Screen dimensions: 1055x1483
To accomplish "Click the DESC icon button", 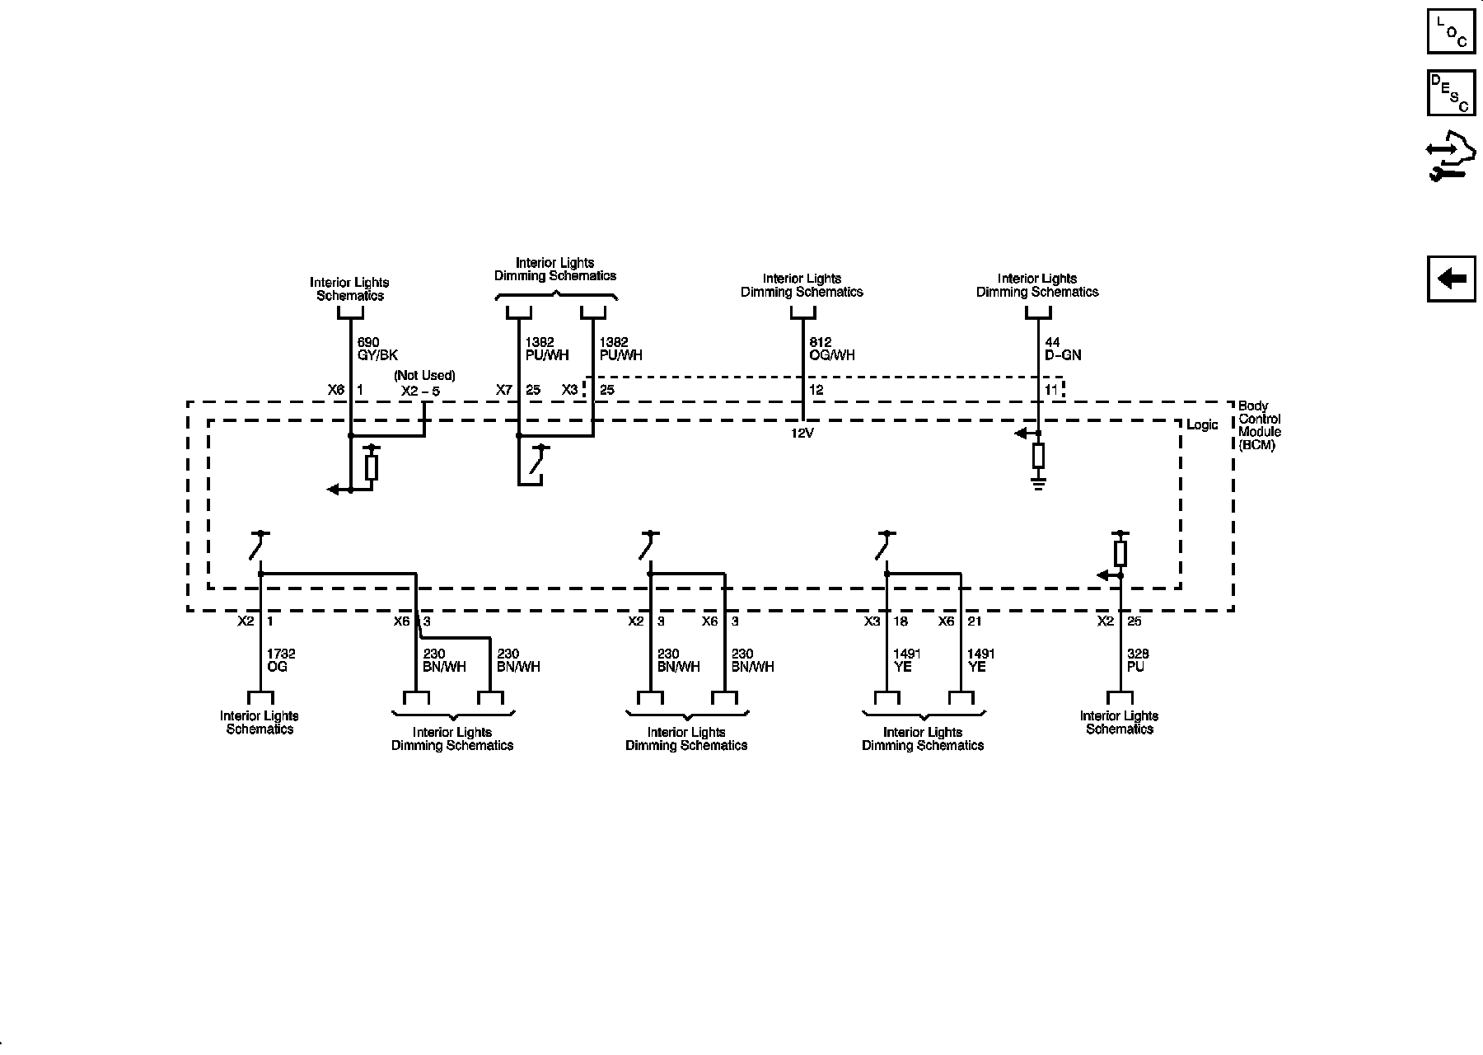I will (x=1451, y=93).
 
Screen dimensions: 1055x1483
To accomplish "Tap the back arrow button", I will (x=1451, y=279).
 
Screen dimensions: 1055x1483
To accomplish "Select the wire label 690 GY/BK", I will (x=377, y=349).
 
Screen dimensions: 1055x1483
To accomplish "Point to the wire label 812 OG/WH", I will (x=832, y=349).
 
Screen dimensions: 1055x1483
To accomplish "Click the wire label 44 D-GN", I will (x=1063, y=349).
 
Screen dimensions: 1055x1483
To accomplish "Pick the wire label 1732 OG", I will (x=281, y=660).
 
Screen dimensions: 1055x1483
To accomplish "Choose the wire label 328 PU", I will (x=1138, y=660).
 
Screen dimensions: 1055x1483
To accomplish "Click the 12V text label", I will (x=802, y=434).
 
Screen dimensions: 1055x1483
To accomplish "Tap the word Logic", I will (x=1202, y=425).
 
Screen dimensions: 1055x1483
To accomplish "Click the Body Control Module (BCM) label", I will (x=1260, y=425).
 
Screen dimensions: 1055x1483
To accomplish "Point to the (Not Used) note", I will (x=424, y=376).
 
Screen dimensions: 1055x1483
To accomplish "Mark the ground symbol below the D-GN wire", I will (x=1038, y=483).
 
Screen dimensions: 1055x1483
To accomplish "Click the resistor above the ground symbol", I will (x=1038, y=455).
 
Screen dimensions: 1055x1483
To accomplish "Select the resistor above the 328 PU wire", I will (x=1120, y=552).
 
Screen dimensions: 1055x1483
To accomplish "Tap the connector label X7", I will (x=504, y=390).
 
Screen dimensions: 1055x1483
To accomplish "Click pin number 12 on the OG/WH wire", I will (x=816, y=390).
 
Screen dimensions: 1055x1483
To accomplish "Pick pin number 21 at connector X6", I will (x=975, y=621).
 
